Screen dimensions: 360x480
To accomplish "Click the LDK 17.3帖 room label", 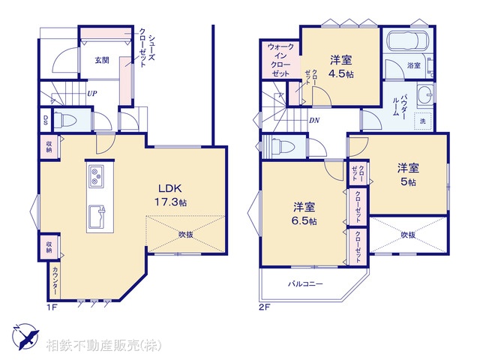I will pos(172,196).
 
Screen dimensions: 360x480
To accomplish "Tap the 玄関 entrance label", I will pos(102,60).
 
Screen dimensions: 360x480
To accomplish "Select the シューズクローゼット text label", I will pos(142,50).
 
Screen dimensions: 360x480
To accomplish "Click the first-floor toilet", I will pos(67,121).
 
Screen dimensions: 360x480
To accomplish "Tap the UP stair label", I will pos(91,94).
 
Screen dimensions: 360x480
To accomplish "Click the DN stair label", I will pos(314,119).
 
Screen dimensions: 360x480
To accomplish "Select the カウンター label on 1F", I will pos(56,284).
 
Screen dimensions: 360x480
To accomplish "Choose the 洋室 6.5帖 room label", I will pos(304,214).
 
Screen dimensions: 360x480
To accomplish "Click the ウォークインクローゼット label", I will pos(281,61).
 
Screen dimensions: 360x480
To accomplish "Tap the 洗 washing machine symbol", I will pos(422,121).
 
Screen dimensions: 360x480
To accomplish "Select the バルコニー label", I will pos(305,284).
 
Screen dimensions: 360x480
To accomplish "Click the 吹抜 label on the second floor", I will pos(407,235).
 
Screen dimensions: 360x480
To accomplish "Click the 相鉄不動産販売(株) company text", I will pos(103,346).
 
